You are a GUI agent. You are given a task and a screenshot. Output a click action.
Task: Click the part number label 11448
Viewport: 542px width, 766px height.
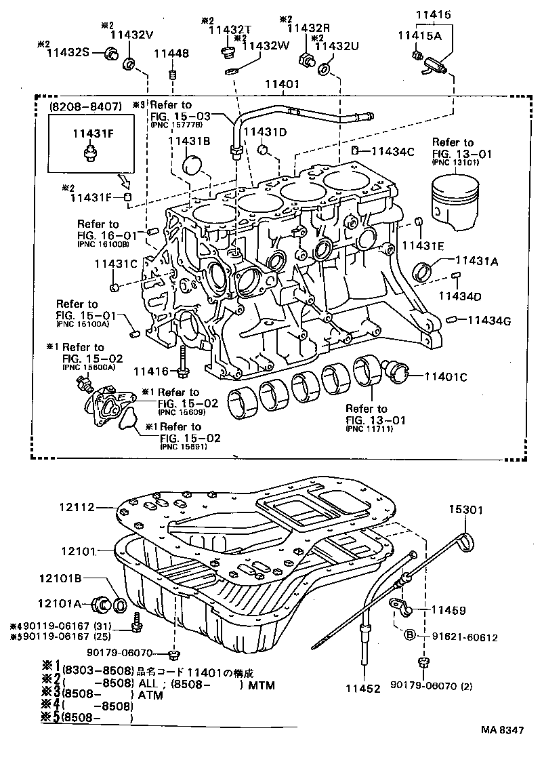tap(170, 54)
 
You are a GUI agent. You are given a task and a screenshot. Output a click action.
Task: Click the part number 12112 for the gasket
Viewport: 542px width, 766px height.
tap(73, 506)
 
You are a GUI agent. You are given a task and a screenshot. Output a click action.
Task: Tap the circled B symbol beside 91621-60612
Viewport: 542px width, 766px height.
tap(410, 635)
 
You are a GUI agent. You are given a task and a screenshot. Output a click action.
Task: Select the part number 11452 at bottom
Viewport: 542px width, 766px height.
tap(365, 687)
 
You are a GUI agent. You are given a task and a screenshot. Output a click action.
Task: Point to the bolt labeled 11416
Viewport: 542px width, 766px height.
tap(183, 359)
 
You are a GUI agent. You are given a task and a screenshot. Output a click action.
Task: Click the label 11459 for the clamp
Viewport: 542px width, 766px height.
tap(448, 610)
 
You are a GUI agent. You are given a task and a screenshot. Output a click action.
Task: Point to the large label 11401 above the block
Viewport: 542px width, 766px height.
tap(281, 86)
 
